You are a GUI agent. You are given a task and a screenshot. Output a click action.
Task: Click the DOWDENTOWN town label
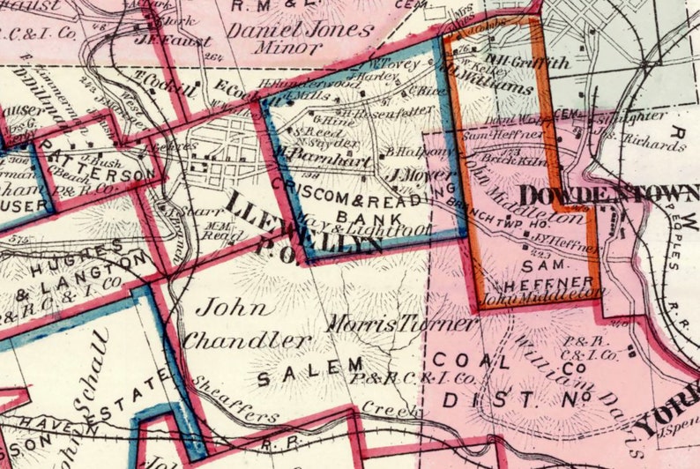click(x=608, y=195)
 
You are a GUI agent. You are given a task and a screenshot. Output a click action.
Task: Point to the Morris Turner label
click(x=401, y=324)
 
